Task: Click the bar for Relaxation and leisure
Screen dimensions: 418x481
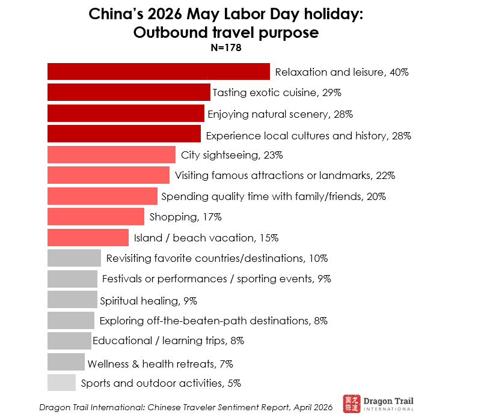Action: click(x=158, y=72)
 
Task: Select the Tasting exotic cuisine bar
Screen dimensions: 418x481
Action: click(x=129, y=92)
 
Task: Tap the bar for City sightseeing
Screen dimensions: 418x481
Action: click(x=111, y=154)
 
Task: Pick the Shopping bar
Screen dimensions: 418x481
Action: click(x=96, y=216)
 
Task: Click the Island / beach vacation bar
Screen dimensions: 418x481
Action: click(x=88, y=237)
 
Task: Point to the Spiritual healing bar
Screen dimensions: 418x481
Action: click(x=72, y=299)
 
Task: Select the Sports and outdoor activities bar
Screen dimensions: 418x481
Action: click(x=61, y=383)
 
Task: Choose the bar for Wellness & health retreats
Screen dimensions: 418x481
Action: click(x=66, y=362)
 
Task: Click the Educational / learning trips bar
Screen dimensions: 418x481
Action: click(x=69, y=341)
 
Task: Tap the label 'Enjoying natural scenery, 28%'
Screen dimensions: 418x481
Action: click(x=280, y=114)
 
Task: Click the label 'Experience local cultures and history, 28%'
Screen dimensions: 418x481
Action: click(x=308, y=136)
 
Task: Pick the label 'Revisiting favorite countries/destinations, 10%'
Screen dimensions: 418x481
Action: click(x=216, y=258)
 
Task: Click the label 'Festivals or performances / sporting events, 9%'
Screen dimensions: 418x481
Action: click(x=216, y=279)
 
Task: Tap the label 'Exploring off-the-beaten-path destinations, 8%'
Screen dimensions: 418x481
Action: click(x=213, y=320)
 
